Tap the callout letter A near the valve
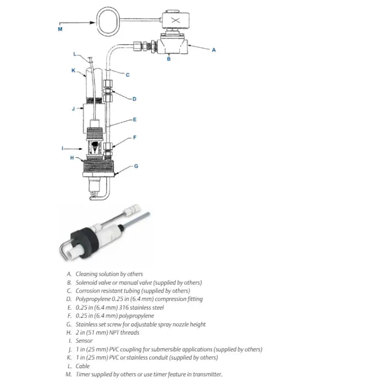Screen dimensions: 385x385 pyautogui.click(x=214, y=50)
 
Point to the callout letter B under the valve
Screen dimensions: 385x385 pyautogui.click(x=168, y=59)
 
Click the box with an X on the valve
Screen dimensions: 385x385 pyautogui.click(x=175, y=21)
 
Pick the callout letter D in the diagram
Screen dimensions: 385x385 pyautogui.click(x=134, y=99)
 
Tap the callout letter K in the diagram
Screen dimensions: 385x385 pyautogui.click(x=74, y=70)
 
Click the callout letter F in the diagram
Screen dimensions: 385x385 pyautogui.click(x=134, y=137)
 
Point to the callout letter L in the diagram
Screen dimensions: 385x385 pyautogui.click(x=75, y=53)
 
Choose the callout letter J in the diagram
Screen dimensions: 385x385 pyautogui.click(x=74, y=109)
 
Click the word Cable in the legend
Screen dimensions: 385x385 pyautogui.click(x=83, y=366)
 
